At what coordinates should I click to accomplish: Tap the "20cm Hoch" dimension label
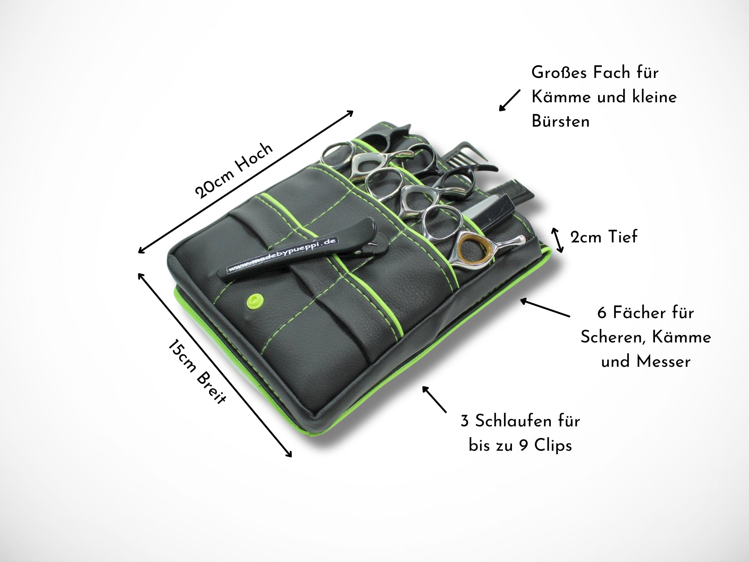point(234,170)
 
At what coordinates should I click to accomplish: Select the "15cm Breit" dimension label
point(197,371)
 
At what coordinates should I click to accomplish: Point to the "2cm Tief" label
point(603,237)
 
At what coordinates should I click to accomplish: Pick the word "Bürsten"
point(560,121)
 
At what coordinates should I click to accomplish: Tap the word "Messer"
point(663,362)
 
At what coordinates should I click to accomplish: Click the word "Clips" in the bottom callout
point(553,446)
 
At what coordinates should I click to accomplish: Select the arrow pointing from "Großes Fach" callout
point(510,100)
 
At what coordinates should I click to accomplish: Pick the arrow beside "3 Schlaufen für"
point(434,399)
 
